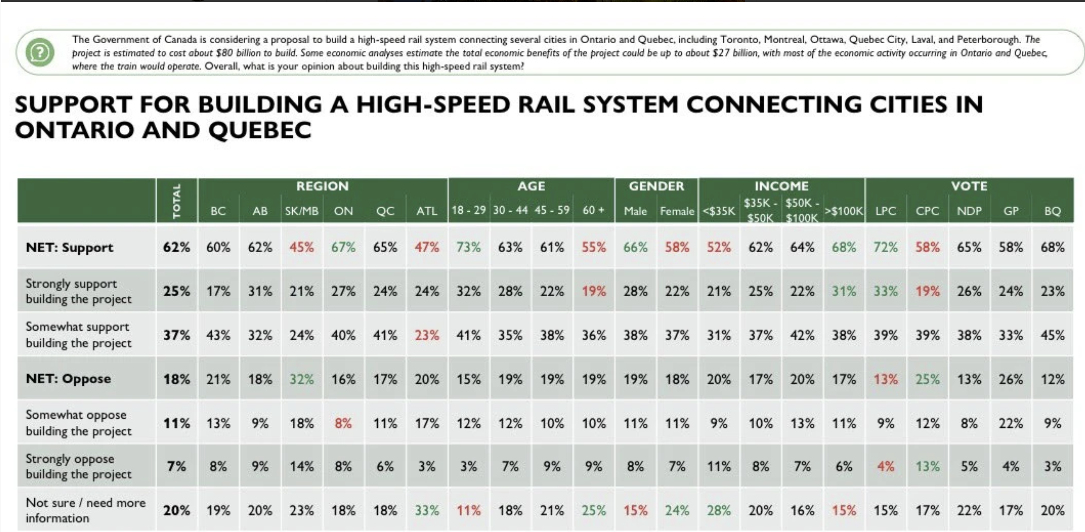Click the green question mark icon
(x=40, y=52)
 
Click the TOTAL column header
(x=177, y=201)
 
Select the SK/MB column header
(x=302, y=211)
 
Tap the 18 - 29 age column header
(x=469, y=210)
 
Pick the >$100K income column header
(x=844, y=211)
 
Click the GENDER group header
(x=656, y=186)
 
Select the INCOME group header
(x=781, y=186)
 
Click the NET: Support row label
(x=70, y=247)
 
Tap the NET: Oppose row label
(x=68, y=379)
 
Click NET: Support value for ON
(x=343, y=247)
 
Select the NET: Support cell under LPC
(x=886, y=247)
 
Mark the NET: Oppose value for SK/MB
(x=302, y=379)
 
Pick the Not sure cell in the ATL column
(x=427, y=510)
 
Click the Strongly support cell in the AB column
(x=260, y=291)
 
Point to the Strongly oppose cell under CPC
(x=927, y=467)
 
